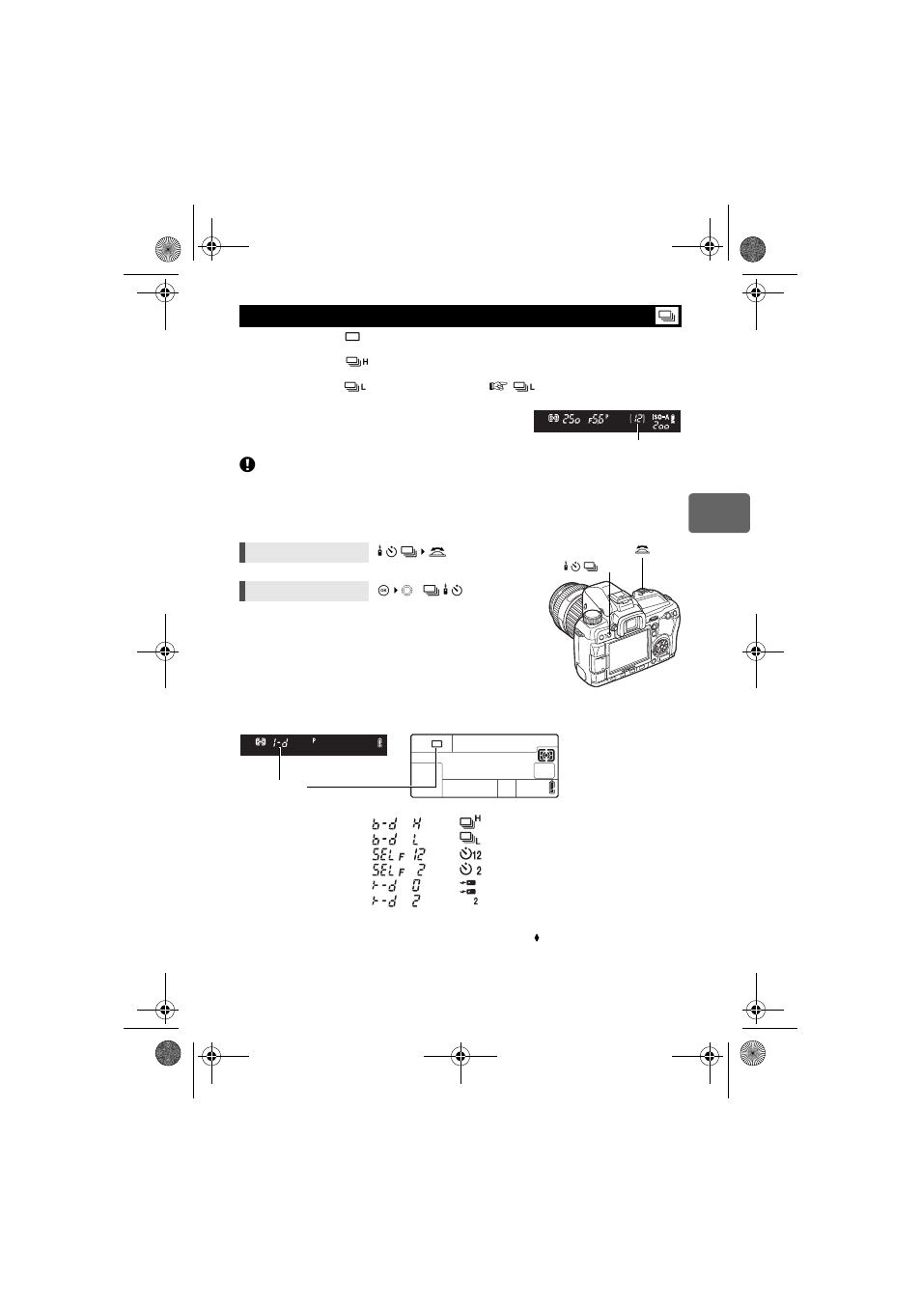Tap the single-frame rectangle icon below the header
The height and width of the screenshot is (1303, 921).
coord(352,337)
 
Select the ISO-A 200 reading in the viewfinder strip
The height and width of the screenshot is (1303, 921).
coord(661,422)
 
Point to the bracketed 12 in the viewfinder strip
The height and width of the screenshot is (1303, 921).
coord(637,420)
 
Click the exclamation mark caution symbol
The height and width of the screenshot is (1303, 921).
coord(247,464)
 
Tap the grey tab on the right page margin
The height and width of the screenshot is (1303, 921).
coord(718,513)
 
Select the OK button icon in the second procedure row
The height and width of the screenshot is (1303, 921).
coord(383,591)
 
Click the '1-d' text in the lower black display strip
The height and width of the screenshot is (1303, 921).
coord(281,743)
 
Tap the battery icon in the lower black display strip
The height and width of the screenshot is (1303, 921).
coord(379,743)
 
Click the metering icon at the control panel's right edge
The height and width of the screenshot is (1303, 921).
coord(545,756)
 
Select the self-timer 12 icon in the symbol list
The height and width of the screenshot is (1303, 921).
coord(470,854)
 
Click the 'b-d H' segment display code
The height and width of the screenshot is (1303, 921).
coord(397,824)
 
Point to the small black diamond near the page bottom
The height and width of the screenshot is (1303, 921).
coord(537,937)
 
